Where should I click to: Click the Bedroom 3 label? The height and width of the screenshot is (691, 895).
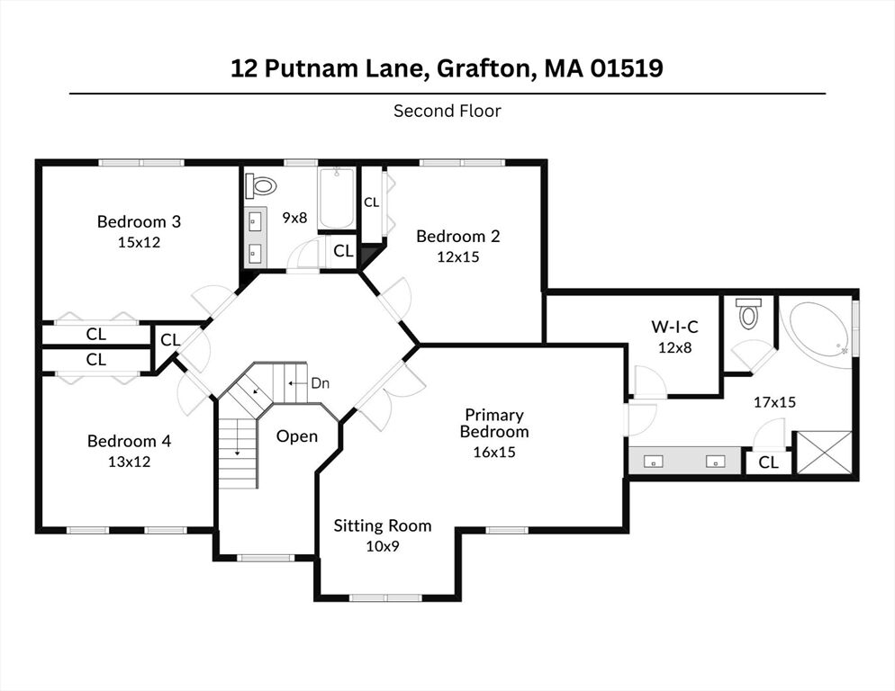tap(139, 221)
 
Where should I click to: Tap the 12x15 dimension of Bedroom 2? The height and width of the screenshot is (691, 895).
tap(458, 256)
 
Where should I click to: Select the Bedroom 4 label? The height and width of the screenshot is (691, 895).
tap(129, 441)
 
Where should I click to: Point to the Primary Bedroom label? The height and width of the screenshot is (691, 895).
tap(494, 423)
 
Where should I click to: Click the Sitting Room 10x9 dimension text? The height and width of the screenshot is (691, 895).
tap(383, 546)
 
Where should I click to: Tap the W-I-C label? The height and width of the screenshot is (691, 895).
tap(674, 327)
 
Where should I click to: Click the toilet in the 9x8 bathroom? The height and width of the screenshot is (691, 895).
tap(261, 185)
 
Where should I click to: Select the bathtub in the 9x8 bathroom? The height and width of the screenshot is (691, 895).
tap(337, 197)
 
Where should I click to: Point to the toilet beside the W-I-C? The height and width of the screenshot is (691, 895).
tap(748, 313)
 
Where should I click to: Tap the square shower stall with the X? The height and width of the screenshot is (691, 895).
tap(824, 453)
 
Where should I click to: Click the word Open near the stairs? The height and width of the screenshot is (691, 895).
tap(297, 436)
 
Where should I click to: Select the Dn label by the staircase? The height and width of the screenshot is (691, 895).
tap(321, 383)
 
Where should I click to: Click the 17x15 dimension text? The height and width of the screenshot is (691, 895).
tap(774, 402)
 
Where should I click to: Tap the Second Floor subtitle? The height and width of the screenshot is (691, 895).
tap(447, 111)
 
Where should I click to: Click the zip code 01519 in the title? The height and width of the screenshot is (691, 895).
tap(627, 67)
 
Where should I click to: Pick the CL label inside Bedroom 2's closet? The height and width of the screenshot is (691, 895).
tap(372, 202)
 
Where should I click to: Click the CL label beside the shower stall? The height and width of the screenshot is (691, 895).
tap(769, 462)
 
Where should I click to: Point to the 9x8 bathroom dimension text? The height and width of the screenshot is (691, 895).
tap(294, 218)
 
